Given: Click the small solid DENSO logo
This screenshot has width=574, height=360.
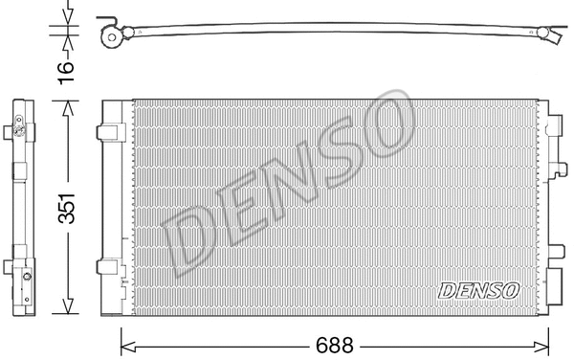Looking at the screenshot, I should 478,288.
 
